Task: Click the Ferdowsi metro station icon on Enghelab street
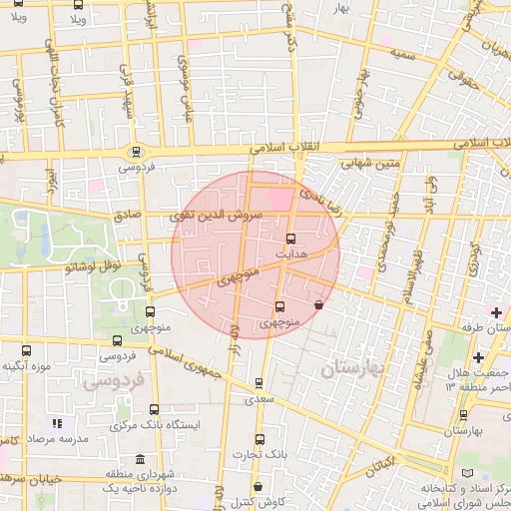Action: point(135,152)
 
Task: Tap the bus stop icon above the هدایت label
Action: point(290,239)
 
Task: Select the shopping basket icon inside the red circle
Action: point(318,305)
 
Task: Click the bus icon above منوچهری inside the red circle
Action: point(278,306)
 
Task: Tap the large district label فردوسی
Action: point(113,379)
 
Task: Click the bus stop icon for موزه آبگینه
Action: point(26,350)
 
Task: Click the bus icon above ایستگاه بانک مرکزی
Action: point(154,408)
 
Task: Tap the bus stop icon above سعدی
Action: point(259,382)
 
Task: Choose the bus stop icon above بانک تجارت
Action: point(259,438)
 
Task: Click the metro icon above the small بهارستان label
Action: point(463,414)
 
